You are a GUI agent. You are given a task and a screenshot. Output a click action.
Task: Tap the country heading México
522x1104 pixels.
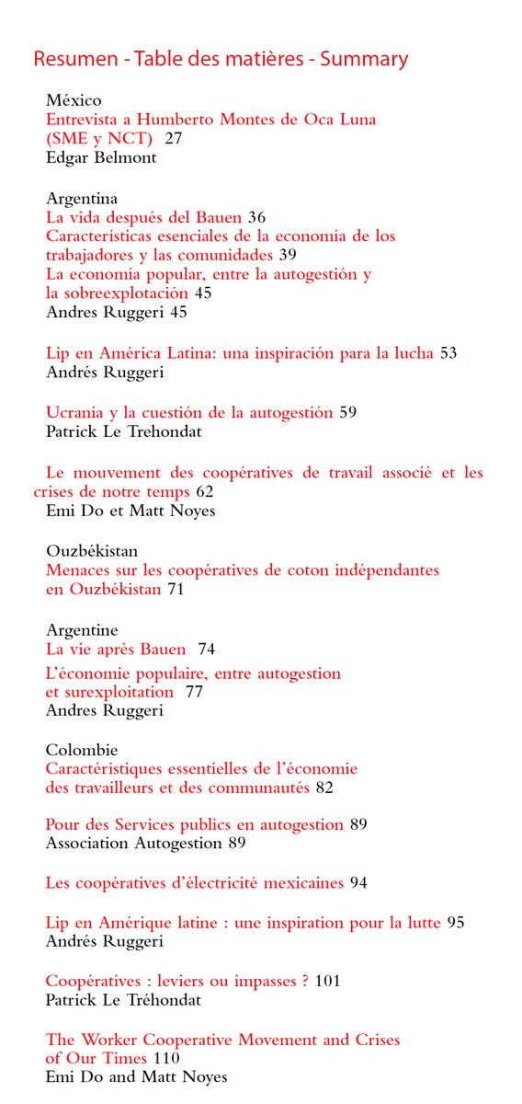[74, 100]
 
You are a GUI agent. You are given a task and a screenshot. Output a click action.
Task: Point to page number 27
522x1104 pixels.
[173, 139]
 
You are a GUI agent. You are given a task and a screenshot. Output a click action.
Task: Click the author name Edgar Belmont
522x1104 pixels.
[101, 158]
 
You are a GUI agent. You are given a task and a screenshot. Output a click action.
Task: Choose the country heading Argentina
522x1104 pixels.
[82, 198]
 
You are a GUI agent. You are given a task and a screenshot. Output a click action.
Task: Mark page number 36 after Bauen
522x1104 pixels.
[256, 217]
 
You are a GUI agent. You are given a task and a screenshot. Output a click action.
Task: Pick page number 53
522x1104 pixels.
[448, 353]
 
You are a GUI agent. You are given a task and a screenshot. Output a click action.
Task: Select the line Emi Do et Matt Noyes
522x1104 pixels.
[130, 511]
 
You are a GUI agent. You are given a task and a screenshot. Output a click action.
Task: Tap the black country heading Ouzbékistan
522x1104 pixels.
[92, 551]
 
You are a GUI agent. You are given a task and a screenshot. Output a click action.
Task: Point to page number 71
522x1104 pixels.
[176, 590]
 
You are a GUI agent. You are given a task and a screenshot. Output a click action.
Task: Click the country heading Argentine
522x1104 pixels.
[82, 630]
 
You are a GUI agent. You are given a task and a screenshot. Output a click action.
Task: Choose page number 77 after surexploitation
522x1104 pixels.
[194, 692]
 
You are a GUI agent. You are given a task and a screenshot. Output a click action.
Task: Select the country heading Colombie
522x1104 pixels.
[82, 750]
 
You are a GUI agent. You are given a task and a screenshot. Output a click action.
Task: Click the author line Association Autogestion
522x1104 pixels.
[134, 843]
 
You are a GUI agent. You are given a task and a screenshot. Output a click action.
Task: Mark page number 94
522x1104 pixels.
[358, 883]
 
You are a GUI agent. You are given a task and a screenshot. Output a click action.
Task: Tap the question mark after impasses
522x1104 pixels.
[304, 982]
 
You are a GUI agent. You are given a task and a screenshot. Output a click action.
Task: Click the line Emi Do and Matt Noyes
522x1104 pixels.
[136, 1077]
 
